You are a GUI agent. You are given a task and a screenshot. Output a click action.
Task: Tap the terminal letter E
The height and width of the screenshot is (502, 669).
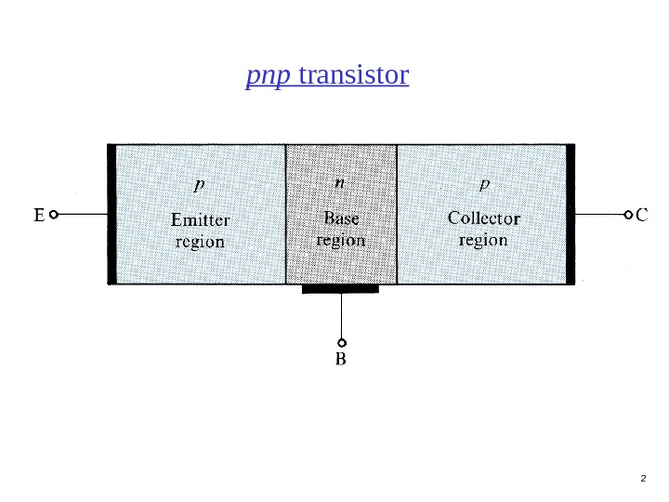pos(40,215)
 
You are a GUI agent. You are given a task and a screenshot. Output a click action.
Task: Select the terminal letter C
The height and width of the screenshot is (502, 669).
pos(641,215)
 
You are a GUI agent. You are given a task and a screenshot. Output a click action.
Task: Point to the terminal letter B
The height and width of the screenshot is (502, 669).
pos(341,358)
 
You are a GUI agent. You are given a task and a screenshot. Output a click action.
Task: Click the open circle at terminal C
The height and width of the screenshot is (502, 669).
pos(627,215)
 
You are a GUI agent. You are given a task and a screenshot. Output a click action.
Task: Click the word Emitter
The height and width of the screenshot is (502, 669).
pos(201,221)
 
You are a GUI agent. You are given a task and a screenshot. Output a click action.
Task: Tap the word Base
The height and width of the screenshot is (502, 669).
pos(340,219)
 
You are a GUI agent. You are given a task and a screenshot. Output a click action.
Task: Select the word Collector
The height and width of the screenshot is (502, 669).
pos(484,219)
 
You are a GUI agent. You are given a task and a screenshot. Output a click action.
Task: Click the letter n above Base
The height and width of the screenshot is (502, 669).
pos(339,183)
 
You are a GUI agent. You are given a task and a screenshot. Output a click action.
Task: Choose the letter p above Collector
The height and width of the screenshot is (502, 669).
pos(483,184)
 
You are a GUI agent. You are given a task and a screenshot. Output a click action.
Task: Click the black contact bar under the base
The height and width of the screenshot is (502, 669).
pos(340,289)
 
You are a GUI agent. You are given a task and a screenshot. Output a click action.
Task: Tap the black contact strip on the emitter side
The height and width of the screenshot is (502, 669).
pos(112,213)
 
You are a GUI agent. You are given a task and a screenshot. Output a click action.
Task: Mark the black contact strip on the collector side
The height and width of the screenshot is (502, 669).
pos(571,213)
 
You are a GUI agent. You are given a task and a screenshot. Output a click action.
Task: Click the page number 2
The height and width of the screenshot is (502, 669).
pos(642,479)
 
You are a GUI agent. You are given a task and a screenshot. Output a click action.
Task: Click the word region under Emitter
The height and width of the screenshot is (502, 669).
pos(200,242)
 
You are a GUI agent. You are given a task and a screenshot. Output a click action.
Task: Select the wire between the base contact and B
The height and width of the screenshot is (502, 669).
pos(341,316)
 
